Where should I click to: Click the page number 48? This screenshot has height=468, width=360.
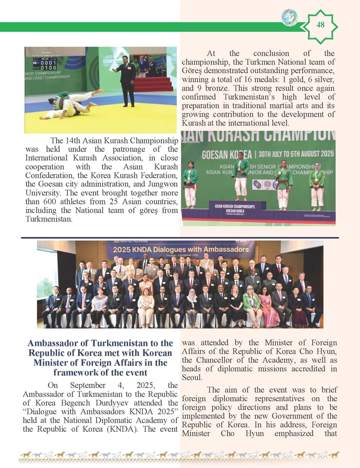click(x=320, y=25)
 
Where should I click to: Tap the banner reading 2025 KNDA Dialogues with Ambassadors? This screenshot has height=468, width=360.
click(x=180, y=250)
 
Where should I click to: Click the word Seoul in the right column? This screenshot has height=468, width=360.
click(x=192, y=378)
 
